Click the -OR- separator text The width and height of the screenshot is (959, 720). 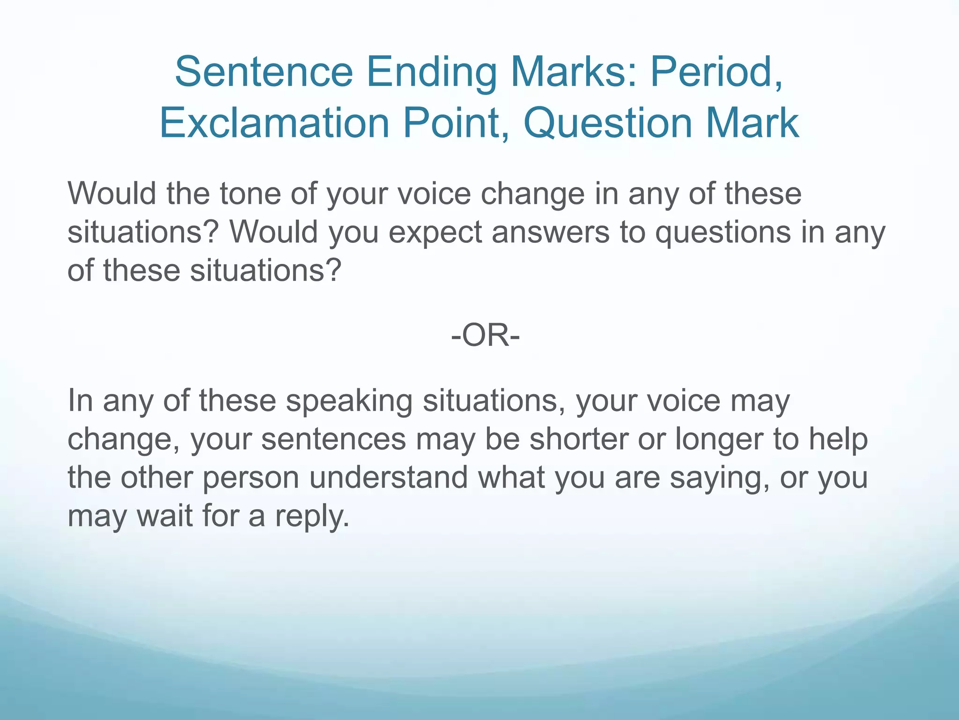click(x=485, y=336)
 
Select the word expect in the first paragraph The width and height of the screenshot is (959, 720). click(x=435, y=232)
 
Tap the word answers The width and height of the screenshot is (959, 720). click(x=550, y=232)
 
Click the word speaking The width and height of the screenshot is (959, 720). click(x=349, y=401)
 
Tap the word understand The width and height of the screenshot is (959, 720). click(x=389, y=478)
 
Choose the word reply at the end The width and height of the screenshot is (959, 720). click(x=311, y=517)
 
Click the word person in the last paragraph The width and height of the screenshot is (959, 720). click(x=251, y=478)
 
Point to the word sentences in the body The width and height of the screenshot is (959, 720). click(x=333, y=440)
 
